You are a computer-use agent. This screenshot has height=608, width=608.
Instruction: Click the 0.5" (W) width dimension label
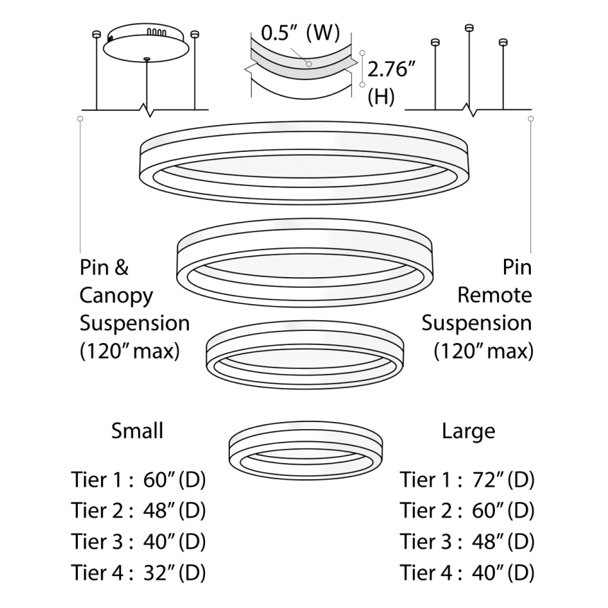[x=300, y=33]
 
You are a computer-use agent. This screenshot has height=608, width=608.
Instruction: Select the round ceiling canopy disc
[x=146, y=45]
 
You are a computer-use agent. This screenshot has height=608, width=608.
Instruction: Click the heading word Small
[x=137, y=431]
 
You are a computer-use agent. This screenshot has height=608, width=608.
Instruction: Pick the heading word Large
[x=469, y=431]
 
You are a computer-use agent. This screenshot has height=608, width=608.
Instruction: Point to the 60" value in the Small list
[x=159, y=480]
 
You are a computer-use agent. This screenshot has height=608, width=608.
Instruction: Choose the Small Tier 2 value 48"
[x=159, y=511]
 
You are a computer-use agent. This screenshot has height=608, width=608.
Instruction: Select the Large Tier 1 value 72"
[x=488, y=480]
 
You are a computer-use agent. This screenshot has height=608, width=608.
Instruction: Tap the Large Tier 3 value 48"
[x=488, y=542]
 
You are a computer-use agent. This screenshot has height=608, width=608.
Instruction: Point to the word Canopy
[x=116, y=296]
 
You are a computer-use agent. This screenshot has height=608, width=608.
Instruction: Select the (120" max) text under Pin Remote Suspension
[x=483, y=350]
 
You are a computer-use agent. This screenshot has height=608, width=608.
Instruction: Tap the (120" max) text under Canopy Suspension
[x=129, y=350]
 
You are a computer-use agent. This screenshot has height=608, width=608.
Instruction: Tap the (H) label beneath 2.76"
[x=381, y=97]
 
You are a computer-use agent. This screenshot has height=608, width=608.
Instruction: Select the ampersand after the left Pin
[x=122, y=269]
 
